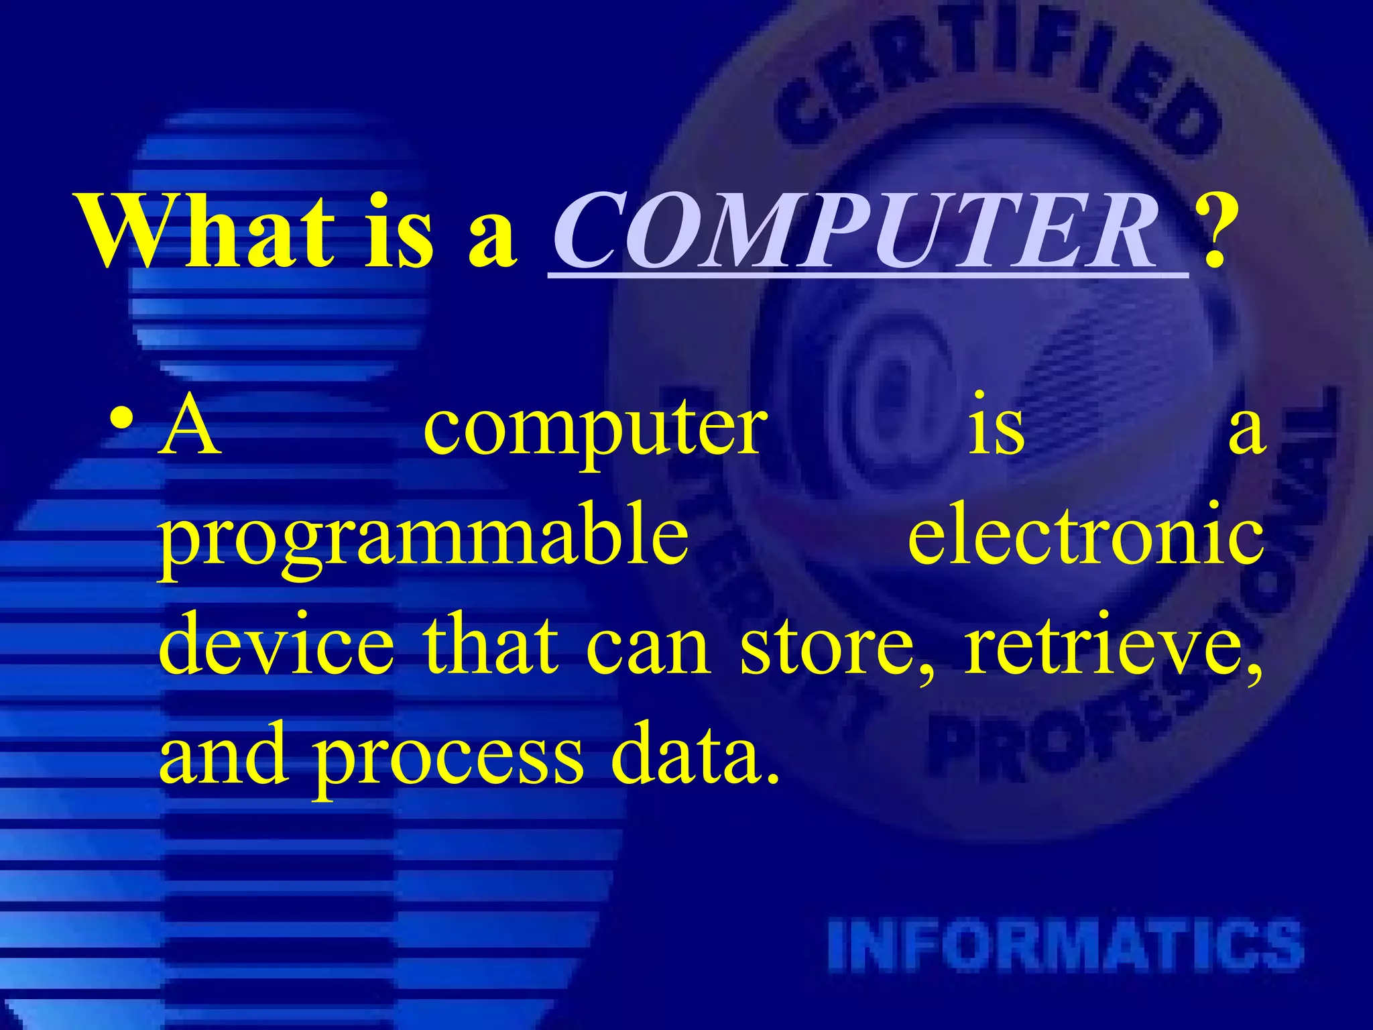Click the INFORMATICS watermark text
pyautogui.click(x=1066, y=946)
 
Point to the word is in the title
pyautogui.click(x=400, y=231)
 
